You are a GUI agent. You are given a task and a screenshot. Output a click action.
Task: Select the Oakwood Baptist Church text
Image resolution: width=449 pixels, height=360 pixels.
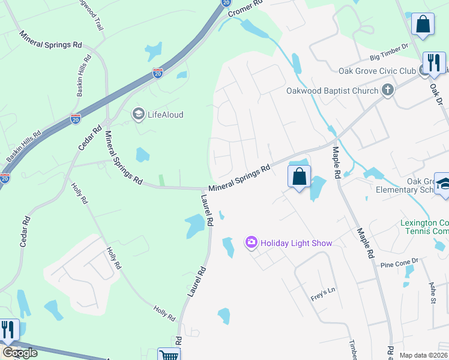coord(332,91)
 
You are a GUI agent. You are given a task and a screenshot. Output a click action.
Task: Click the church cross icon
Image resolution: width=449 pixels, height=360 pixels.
coord(388,91)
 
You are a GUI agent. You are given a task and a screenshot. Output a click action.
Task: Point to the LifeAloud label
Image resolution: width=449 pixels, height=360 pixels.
coord(165,114)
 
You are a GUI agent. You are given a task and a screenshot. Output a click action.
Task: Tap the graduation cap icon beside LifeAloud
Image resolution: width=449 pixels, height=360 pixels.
coord(139,114)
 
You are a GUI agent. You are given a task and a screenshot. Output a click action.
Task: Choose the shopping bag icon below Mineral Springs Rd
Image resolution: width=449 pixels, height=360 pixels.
coord(299,176)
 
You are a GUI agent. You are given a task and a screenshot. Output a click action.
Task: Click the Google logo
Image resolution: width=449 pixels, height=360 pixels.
coord(20,352)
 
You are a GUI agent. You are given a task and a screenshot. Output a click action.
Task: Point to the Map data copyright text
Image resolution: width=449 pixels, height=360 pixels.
coord(423,355)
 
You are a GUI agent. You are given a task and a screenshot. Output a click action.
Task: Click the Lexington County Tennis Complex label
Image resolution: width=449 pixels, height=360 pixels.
coord(424,227)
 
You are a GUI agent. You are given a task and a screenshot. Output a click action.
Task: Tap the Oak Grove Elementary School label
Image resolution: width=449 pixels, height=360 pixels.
coord(420,185)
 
